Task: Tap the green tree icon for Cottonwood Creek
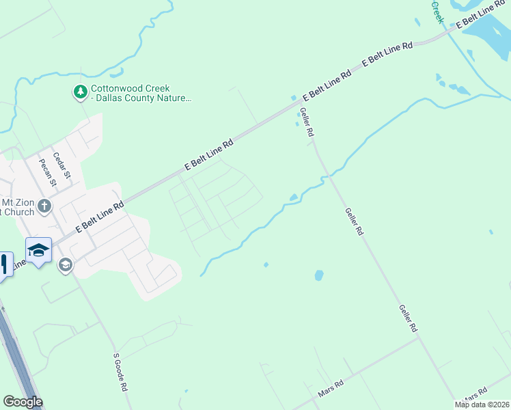[x=81, y=92]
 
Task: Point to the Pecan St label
[x=47, y=171]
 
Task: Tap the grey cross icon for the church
[x=44, y=206]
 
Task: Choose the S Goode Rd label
[x=121, y=372]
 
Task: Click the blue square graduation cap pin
[x=39, y=249]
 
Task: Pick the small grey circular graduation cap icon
[x=66, y=265]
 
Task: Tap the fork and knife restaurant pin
[x=3, y=263]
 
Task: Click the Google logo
[x=23, y=402]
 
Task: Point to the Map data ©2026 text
[x=482, y=405]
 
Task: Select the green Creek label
[x=437, y=12]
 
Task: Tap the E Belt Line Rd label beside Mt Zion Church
[x=100, y=216]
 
